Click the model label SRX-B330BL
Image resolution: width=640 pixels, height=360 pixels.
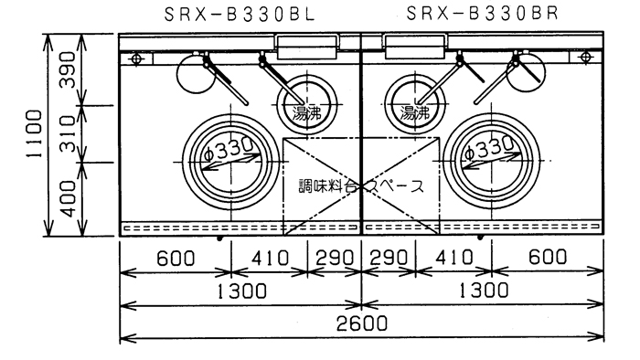(x=240, y=15)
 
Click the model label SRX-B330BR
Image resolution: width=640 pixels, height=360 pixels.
(x=482, y=14)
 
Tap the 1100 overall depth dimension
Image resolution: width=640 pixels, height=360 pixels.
(x=34, y=134)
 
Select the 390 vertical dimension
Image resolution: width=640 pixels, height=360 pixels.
(x=68, y=69)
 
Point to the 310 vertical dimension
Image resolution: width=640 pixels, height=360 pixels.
(x=68, y=133)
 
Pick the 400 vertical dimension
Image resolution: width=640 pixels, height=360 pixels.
(x=68, y=199)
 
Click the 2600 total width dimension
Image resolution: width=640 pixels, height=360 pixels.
(x=362, y=323)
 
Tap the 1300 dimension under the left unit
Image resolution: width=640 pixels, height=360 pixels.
(x=241, y=291)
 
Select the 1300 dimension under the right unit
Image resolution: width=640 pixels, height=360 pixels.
(x=484, y=291)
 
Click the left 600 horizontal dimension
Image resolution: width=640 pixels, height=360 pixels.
(x=176, y=259)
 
